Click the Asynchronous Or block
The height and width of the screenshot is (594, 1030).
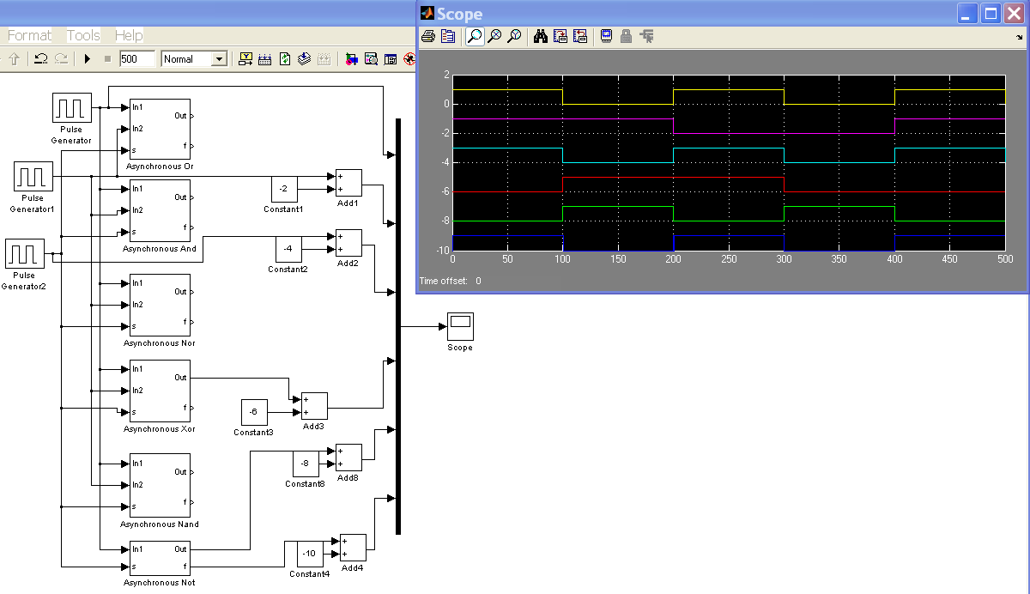click(159, 128)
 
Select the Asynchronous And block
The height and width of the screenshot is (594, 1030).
click(159, 211)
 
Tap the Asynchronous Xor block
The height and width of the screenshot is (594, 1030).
click(159, 391)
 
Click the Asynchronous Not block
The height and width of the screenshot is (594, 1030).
click(159, 558)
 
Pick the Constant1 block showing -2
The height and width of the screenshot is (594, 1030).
click(284, 189)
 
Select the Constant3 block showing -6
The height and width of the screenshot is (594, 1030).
click(253, 412)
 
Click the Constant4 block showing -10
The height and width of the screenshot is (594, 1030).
click(310, 554)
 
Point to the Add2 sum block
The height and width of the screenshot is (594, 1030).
click(348, 243)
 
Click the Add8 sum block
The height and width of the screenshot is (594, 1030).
click(348, 458)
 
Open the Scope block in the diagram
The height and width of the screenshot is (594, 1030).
click(460, 326)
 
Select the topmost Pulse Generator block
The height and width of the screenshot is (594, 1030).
click(72, 108)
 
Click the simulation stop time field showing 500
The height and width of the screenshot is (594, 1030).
click(136, 59)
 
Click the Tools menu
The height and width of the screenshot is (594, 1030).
click(83, 35)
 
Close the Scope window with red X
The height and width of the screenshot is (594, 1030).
click(1014, 13)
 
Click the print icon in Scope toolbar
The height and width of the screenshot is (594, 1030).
click(428, 36)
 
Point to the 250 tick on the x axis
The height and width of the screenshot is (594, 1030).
click(729, 258)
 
